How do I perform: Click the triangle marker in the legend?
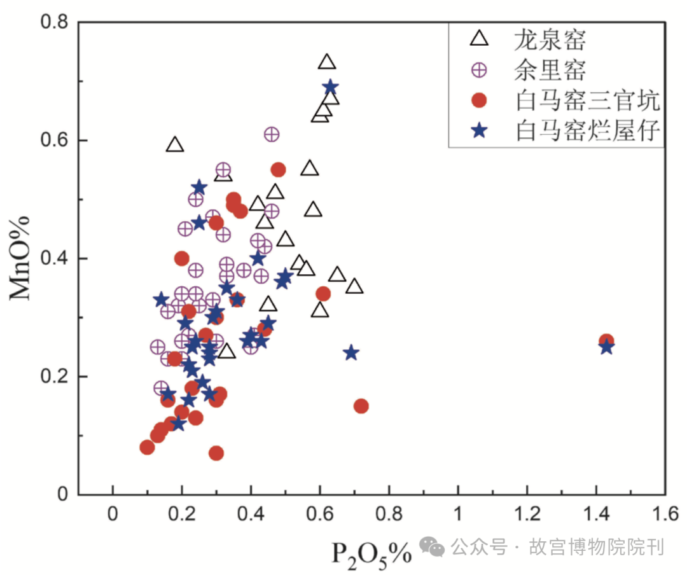tap(479, 39)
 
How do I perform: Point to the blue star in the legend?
tap(479, 130)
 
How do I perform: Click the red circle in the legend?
tap(479, 100)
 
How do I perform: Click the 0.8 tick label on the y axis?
tap(55, 22)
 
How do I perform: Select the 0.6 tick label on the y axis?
tap(55, 141)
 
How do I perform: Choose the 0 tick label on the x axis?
tap(113, 513)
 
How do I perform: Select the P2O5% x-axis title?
tap(371, 552)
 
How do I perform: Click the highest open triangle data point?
tap(327, 62)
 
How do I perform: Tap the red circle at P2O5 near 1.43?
tap(606, 341)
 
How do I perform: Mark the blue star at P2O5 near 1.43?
tap(606, 347)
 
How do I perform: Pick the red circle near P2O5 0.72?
tap(361, 406)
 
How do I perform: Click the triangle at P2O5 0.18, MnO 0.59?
tap(175, 145)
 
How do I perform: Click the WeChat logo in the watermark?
tap(434, 546)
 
